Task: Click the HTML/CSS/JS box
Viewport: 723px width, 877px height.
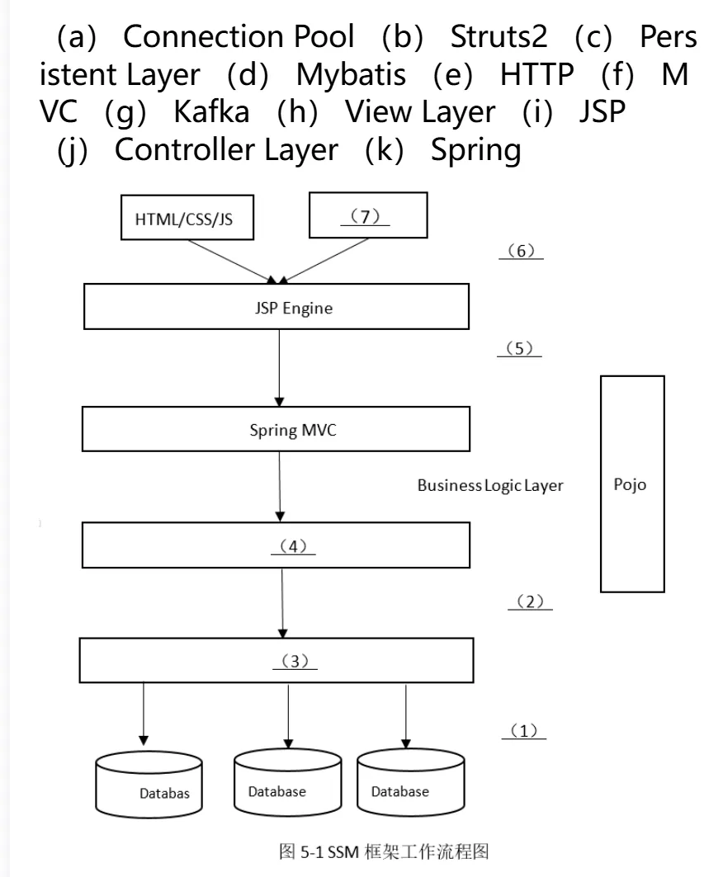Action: tap(187, 218)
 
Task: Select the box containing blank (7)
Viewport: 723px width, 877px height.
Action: tap(368, 215)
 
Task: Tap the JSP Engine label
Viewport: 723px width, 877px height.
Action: tap(294, 309)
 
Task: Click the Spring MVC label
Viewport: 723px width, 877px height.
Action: tap(293, 430)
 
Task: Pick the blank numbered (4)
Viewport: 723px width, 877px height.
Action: tap(293, 546)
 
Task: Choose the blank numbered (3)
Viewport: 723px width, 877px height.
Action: tap(295, 661)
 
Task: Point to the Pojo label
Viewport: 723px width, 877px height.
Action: tap(630, 484)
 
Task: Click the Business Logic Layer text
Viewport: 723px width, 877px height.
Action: tap(490, 485)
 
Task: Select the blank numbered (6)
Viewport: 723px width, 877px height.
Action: tap(521, 251)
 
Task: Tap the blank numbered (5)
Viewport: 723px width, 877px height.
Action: tap(519, 348)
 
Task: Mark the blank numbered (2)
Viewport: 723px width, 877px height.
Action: tap(530, 601)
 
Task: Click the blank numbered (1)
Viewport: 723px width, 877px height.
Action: tap(524, 731)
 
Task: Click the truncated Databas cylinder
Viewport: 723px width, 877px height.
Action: tap(149, 785)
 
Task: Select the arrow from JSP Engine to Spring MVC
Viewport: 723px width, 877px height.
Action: tap(279, 367)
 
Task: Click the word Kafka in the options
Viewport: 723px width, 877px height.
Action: tap(211, 111)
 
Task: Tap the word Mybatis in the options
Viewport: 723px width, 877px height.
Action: tap(351, 74)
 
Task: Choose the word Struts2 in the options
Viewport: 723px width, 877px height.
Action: tap(499, 36)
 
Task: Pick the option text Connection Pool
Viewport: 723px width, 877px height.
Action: tap(239, 36)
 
